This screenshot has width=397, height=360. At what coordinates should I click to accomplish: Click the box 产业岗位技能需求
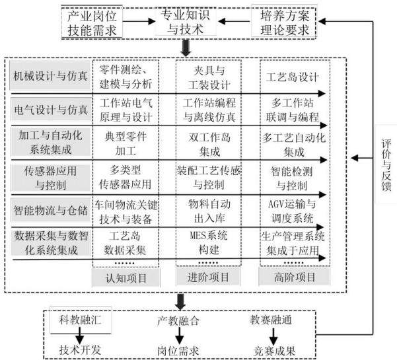92,22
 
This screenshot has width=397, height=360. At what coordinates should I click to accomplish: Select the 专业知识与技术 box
186,22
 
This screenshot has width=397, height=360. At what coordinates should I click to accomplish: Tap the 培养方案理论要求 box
284,22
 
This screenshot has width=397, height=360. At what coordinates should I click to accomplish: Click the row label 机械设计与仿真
50,76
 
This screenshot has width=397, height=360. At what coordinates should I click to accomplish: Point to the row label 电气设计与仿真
51,110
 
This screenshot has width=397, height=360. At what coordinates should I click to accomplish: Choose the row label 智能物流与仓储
50,210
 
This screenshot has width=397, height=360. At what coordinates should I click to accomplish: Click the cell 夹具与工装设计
209,77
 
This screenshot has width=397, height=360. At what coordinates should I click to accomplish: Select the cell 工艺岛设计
292,77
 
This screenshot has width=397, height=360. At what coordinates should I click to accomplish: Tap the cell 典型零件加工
126,143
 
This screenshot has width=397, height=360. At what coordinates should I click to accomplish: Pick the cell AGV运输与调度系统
292,211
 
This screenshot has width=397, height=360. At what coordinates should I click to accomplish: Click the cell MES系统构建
209,242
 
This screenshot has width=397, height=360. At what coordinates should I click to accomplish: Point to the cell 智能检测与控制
292,178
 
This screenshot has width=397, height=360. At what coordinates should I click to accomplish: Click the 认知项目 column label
126,277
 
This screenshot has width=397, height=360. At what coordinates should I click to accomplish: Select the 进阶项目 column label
208,277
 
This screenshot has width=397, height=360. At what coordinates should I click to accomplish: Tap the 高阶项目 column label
295,277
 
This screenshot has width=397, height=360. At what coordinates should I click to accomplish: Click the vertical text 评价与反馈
386,164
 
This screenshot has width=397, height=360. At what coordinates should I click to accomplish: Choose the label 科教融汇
81,320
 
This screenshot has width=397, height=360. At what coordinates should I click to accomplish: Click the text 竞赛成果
275,351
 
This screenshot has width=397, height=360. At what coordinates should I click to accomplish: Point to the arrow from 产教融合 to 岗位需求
179,336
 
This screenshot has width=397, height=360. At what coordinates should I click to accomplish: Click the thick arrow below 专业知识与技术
186,48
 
